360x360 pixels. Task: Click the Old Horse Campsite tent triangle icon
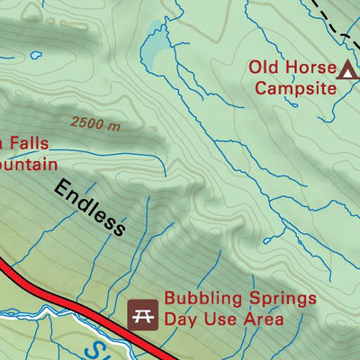[346, 68]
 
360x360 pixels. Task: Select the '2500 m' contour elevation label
[94, 124]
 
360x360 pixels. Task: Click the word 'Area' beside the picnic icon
[261, 319]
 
